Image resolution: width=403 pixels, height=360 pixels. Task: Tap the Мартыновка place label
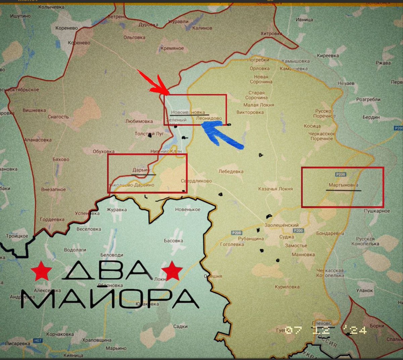pos(343,185)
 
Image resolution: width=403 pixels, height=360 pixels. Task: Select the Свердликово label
pos(196,181)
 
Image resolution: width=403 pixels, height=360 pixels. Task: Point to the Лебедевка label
pos(231,171)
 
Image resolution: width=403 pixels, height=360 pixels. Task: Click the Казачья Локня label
pos(275,189)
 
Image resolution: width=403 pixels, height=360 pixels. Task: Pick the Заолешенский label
pos(281,225)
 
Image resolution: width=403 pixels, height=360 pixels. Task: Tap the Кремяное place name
pos(172,48)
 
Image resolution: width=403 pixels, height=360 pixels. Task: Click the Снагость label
pos(58,117)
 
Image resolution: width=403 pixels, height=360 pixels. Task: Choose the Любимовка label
pos(139,121)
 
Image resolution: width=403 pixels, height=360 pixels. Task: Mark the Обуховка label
pos(103,151)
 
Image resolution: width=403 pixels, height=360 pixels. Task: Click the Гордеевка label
pos(52,219)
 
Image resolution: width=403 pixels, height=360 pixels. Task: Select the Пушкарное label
pos(377,211)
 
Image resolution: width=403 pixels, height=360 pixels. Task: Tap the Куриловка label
pos(287,287)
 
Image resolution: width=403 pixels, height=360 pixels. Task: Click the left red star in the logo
pos(42,271)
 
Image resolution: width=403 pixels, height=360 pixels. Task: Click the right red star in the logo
pos(172,270)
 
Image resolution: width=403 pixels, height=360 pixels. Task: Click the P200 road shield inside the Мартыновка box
pos(341,174)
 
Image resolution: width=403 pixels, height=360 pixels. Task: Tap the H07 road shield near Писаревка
pos(38,341)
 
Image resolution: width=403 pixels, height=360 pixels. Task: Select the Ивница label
pos(304,20)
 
